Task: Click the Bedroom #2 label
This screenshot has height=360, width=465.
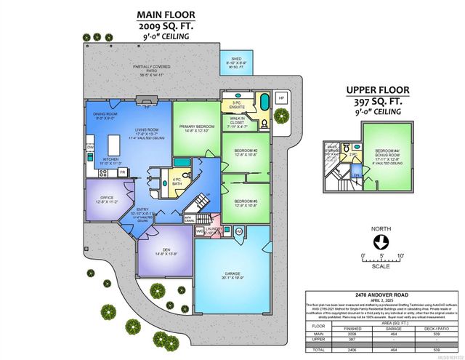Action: click(x=246, y=153)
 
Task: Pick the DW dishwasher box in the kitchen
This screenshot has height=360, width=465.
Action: click(x=89, y=148)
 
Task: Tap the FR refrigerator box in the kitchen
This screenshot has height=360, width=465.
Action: click(x=123, y=172)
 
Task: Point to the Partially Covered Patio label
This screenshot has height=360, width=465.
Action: click(x=153, y=70)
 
